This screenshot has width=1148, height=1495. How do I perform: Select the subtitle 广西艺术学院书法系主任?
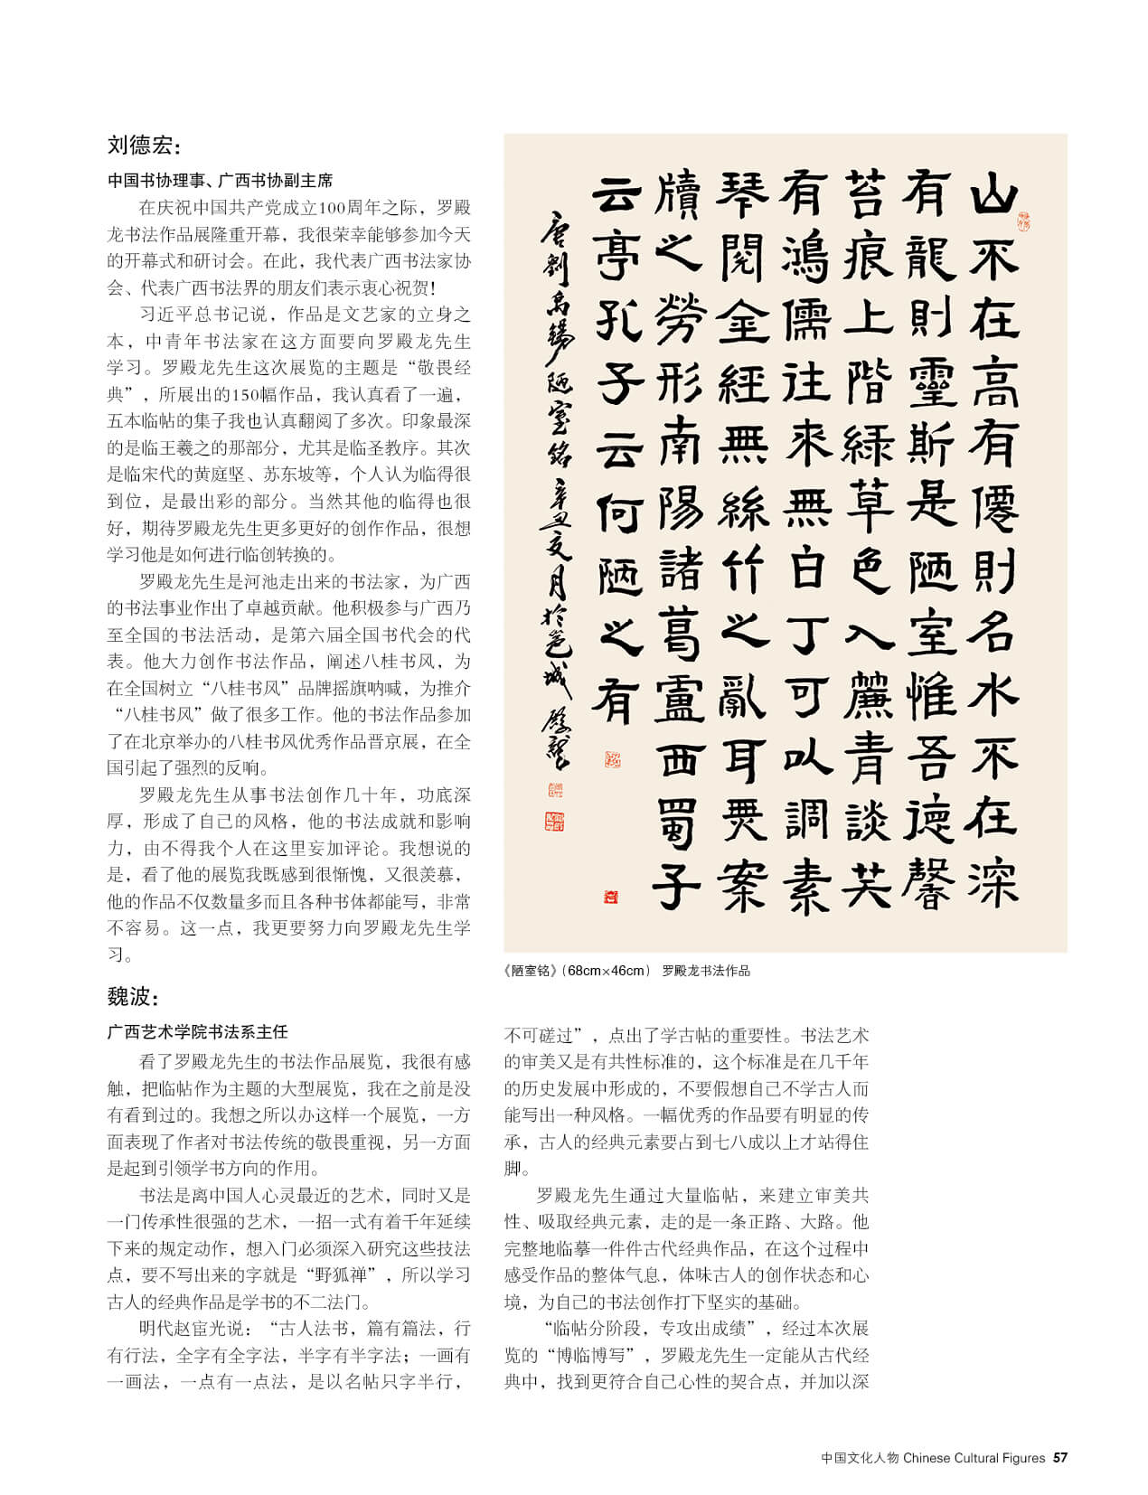pos(197,1031)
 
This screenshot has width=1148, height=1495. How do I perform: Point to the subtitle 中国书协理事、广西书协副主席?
pos(221,181)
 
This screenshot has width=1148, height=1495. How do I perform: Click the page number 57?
pos(1060,1458)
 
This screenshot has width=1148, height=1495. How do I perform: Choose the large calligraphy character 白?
pos(806,569)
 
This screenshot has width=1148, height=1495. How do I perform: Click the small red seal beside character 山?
pos(1024,220)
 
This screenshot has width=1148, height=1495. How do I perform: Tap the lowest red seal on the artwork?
pos(612,897)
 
